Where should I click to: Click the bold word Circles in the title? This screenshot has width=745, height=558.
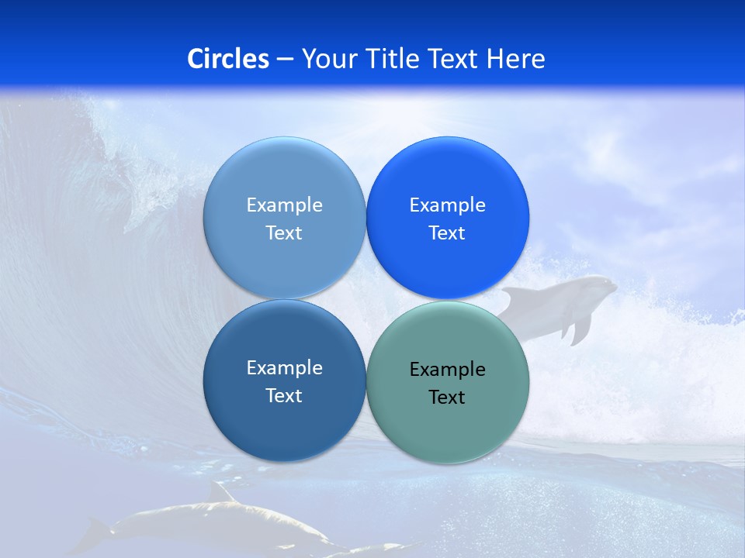click(x=228, y=59)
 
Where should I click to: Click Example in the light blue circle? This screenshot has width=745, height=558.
click(x=284, y=205)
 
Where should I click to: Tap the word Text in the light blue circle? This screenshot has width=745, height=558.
click(x=284, y=233)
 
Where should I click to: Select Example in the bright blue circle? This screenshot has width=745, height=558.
click(x=447, y=205)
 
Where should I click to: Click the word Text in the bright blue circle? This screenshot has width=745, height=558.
click(x=447, y=233)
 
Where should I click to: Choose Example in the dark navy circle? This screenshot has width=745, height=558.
click(x=284, y=367)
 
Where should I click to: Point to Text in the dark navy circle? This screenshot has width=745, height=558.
click(x=284, y=396)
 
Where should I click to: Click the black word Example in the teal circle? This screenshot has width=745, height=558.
click(x=447, y=370)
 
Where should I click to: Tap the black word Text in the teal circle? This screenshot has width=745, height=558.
click(x=447, y=398)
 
